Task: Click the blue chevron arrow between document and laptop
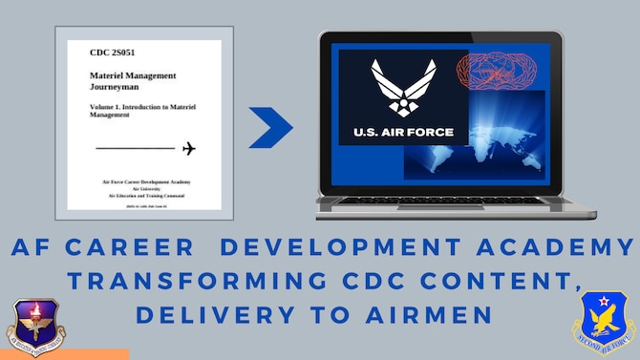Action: pyautogui.click(x=271, y=128)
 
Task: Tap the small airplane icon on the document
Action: pyautogui.click(x=188, y=148)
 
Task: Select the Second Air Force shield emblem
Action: pyautogui.click(x=604, y=322)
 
